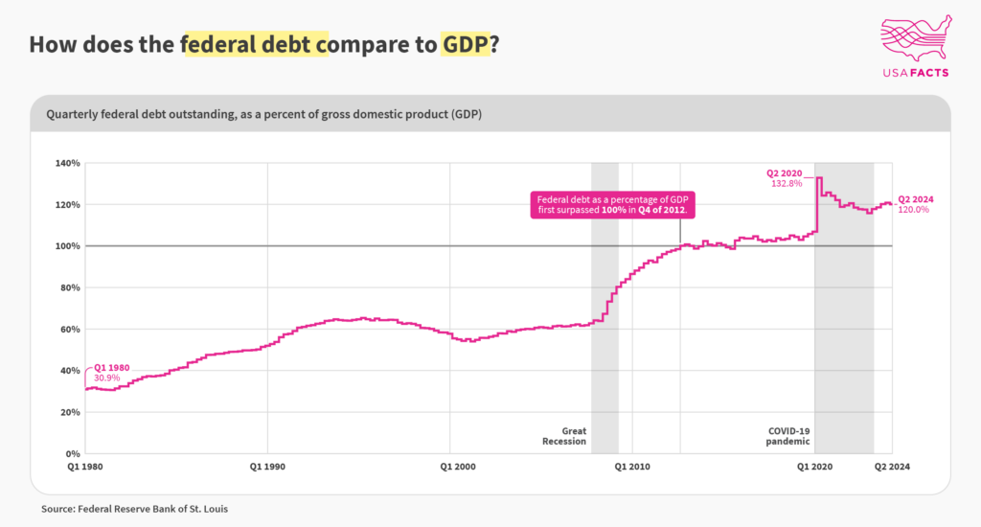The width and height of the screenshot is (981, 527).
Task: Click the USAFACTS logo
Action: coord(916,46)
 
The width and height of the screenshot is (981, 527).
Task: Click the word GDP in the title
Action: coord(465,44)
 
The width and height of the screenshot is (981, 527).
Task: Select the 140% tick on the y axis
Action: coord(68,163)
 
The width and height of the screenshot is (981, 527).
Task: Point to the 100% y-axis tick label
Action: coord(68,246)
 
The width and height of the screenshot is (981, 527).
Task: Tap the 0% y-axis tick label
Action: coord(73,454)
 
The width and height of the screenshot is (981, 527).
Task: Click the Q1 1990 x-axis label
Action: coord(267,467)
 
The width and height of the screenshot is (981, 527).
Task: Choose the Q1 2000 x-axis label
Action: coord(457,467)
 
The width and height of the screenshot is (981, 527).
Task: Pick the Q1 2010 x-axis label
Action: coord(632,467)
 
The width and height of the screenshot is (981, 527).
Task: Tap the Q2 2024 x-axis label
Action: coord(892,467)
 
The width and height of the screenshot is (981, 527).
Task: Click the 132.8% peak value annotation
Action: coord(787,184)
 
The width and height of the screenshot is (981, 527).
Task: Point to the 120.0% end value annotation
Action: coord(913,210)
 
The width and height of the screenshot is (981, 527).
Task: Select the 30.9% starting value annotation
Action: coord(106,378)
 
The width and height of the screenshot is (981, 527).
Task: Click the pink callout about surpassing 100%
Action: coord(612,205)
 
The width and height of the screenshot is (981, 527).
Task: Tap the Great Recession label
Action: coord(564,436)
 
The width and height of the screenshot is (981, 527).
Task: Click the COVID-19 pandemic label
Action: coord(788,436)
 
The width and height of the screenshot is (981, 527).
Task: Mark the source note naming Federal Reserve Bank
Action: coord(134,509)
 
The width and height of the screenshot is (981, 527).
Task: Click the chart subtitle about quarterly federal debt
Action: coord(264,114)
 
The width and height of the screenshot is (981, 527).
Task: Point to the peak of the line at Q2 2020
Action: coord(819,178)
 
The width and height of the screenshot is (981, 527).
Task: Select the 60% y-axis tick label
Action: coord(70,330)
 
